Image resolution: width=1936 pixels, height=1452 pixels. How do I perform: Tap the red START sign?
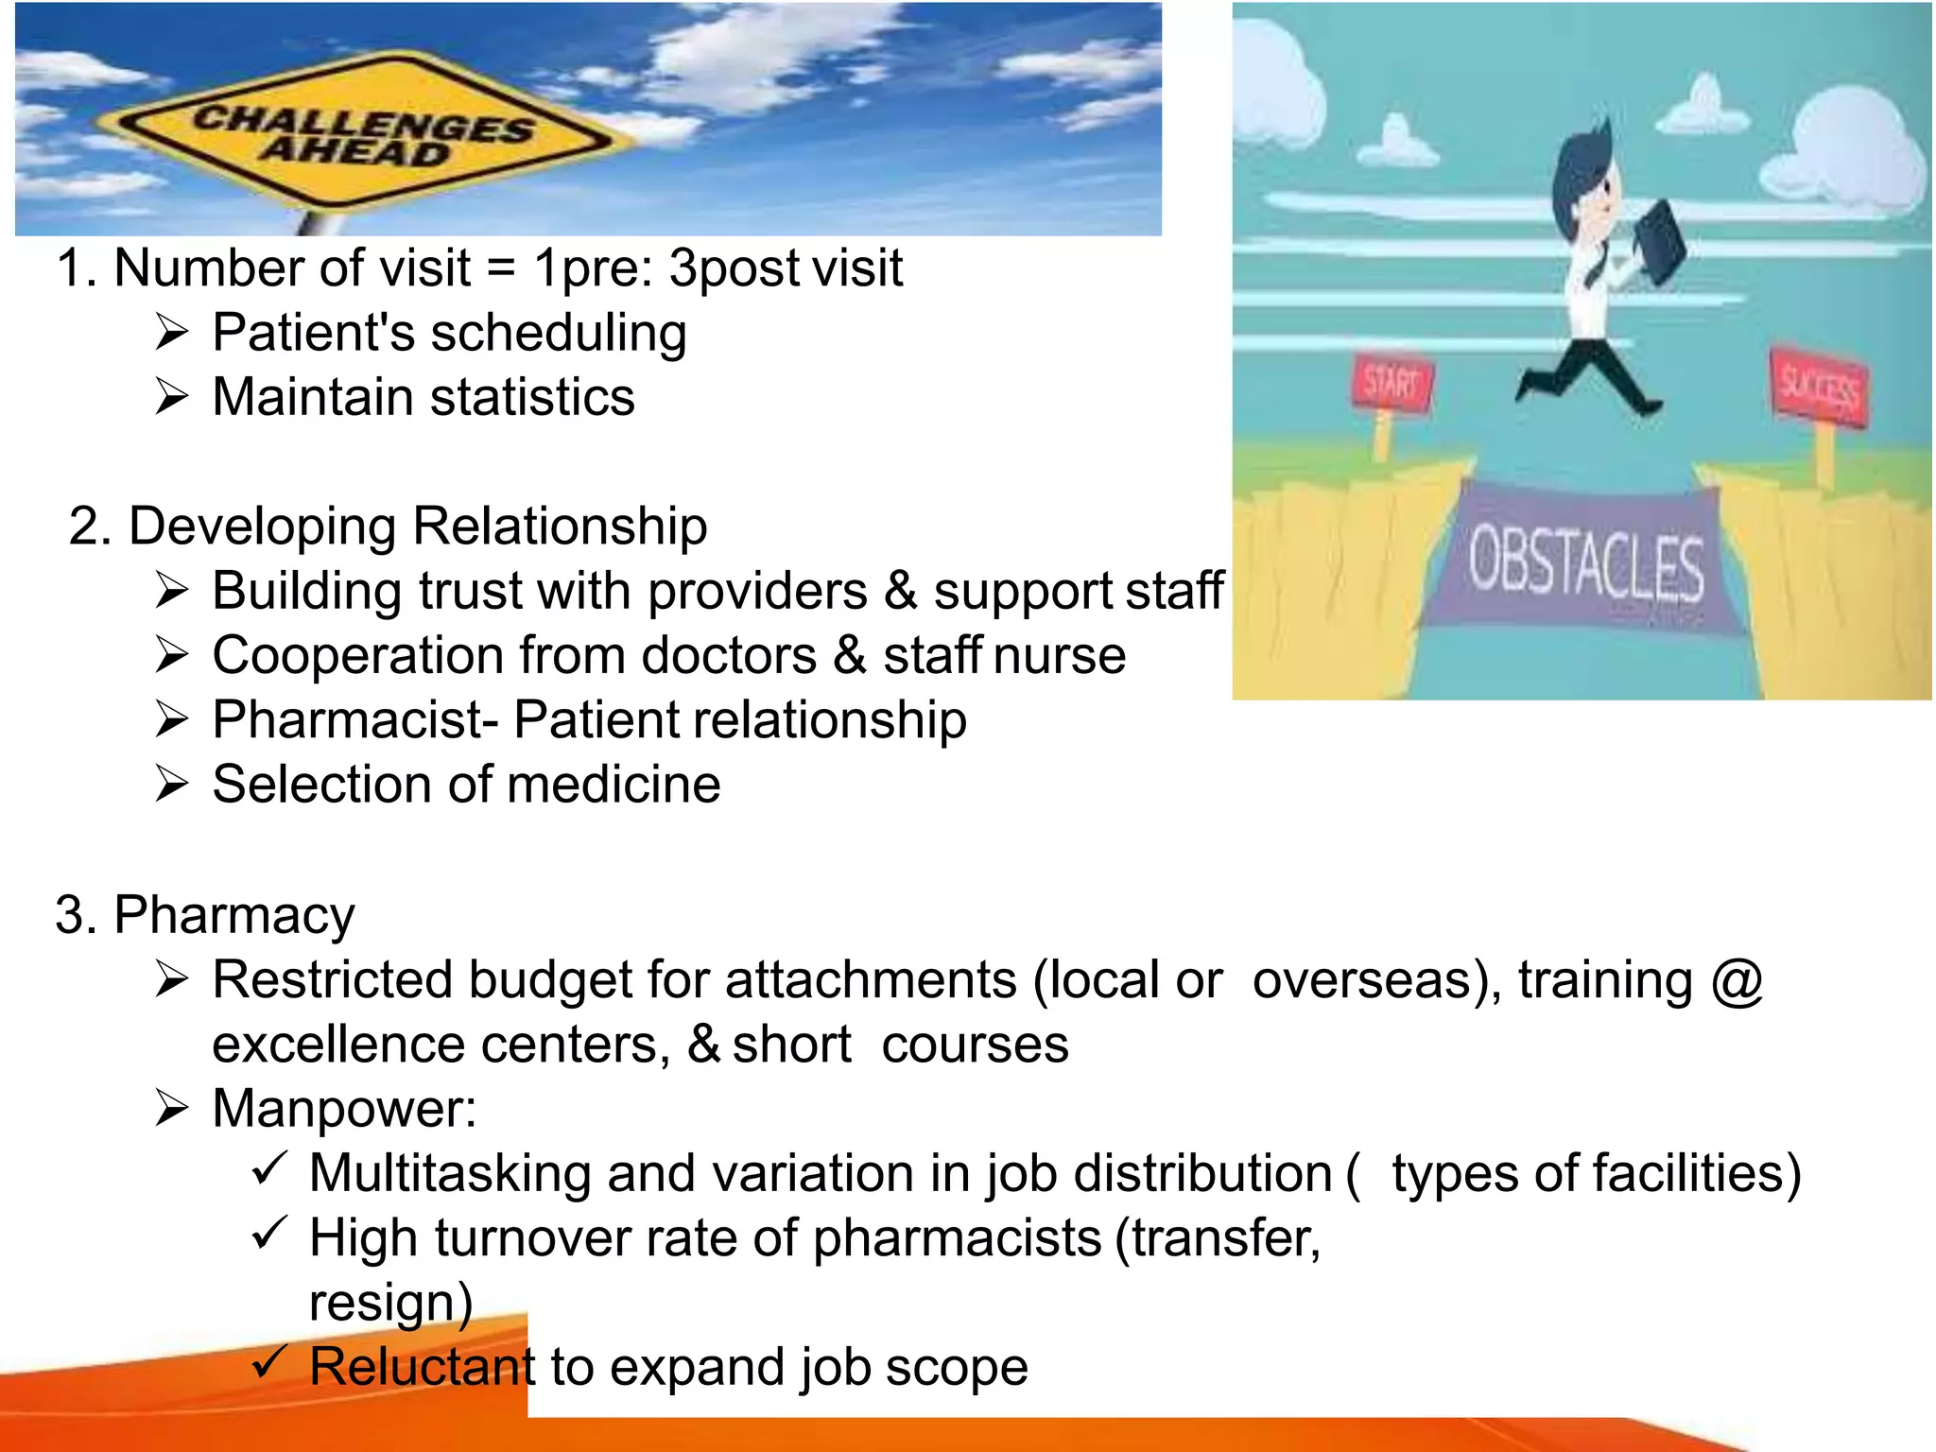[x=1392, y=384]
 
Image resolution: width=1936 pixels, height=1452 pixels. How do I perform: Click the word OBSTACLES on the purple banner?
[x=1586, y=565]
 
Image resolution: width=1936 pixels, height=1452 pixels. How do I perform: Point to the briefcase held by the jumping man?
[x=1659, y=241]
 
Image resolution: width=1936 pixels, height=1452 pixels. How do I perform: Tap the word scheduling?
[x=558, y=334]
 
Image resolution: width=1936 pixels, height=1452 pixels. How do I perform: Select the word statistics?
[x=529, y=398]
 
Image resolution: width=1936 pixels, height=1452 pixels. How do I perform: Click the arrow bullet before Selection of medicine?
[x=173, y=785]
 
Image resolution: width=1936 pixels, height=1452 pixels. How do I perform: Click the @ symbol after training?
[x=1737, y=980]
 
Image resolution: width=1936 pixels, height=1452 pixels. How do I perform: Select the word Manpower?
[x=344, y=1109]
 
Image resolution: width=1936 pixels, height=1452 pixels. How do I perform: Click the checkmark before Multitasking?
[x=269, y=1171]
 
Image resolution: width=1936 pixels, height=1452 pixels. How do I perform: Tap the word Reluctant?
[x=422, y=1367]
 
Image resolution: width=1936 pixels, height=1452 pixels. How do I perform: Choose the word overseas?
[x=1376, y=980]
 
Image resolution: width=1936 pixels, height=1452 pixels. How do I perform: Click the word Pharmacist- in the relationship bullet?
[x=355, y=720]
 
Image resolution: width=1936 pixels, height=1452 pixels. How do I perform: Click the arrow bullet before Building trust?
[x=173, y=592]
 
